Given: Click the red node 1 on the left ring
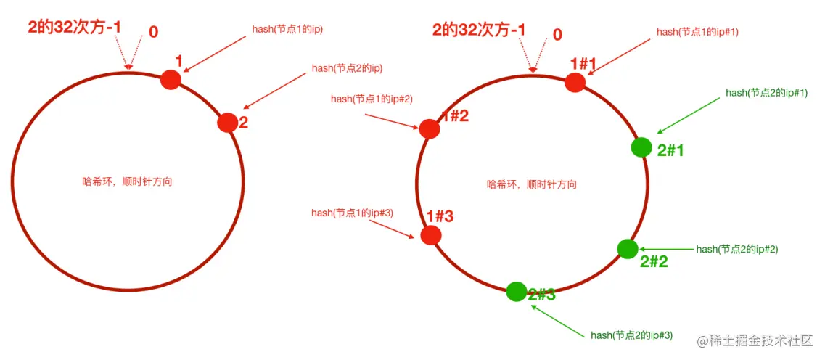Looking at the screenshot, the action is coord(170,79).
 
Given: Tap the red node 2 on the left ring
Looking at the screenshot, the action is coord(227,123).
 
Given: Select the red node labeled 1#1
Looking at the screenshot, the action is coord(575,82).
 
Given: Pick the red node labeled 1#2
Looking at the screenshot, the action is coord(430,128).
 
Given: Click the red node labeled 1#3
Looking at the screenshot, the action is coord(431,235).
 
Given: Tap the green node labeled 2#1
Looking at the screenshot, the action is coord(641,147).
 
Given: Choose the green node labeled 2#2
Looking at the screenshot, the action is coord(628,248).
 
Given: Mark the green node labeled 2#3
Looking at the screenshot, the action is coord(516,291).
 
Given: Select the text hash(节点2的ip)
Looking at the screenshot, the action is coord(347,68).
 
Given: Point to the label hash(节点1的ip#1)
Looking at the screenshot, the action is coord(697,32).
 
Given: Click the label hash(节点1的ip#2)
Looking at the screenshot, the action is coord(372,99).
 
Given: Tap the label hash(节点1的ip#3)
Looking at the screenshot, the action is coord(352,213).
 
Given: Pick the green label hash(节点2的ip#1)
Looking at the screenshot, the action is coord(767,94).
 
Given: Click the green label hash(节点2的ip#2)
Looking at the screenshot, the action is coord(737,249).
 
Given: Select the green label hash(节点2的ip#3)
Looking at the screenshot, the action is coord(632,335).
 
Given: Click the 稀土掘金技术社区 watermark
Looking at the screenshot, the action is coord(755,340).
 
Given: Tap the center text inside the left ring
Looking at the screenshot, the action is coord(128,181).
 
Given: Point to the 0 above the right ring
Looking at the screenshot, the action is coord(557,34).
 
